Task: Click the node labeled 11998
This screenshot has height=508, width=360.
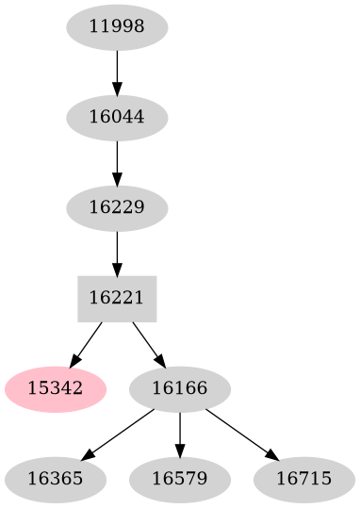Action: (x=117, y=26)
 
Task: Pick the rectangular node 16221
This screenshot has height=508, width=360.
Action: (x=117, y=298)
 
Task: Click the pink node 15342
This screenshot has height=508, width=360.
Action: (x=55, y=387)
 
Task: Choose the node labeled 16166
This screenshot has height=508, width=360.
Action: (x=179, y=387)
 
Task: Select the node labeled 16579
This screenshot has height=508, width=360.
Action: (x=179, y=478)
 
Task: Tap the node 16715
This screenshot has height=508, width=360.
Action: (x=303, y=478)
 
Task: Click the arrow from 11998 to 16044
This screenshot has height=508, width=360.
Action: (x=117, y=71)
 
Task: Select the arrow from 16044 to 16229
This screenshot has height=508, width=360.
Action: (x=117, y=161)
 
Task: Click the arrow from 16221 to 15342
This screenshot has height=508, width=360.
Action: (x=87, y=342)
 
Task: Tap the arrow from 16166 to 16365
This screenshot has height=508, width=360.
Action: (x=118, y=433)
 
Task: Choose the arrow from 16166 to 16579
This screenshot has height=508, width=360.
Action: (x=179, y=433)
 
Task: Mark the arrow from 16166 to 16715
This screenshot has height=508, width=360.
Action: (x=241, y=433)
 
